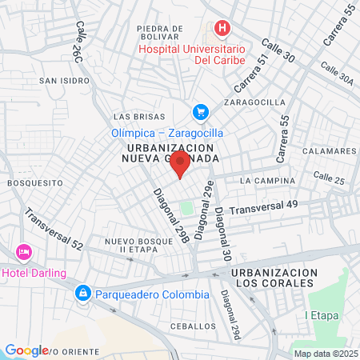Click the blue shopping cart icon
200,113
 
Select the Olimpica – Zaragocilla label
166,133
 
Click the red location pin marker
181,165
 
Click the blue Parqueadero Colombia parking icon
82,294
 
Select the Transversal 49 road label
263,208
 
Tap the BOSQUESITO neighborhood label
34,182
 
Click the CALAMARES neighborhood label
330,150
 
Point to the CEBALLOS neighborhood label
193,326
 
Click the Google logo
27,350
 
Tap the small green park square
186,209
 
